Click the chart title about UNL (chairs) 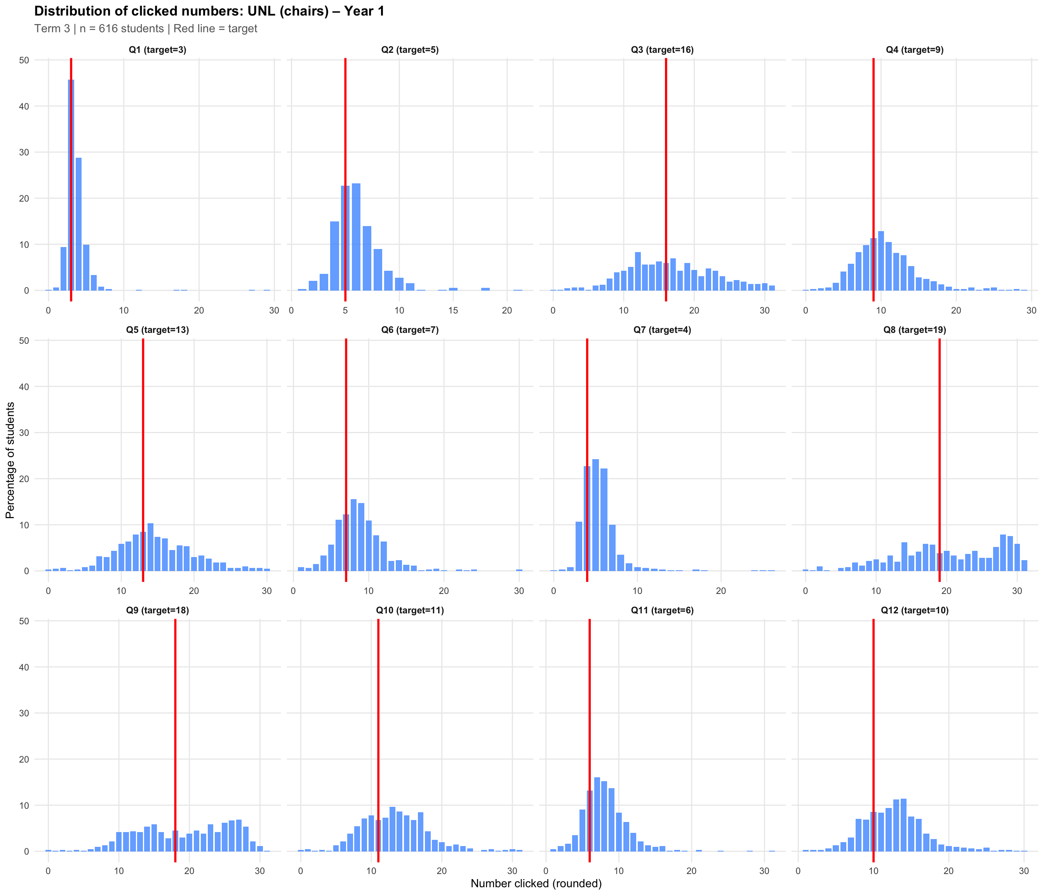tap(209, 11)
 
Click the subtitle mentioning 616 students tap(146, 29)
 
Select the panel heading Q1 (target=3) tap(157, 50)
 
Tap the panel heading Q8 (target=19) tap(915, 330)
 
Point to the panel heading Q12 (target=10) tap(915, 610)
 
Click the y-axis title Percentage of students tap(10, 460)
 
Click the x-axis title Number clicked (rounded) tap(536, 883)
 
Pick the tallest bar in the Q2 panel tap(356, 237)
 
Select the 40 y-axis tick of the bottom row tap(24, 667)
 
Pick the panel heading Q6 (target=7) tap(410, 330)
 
